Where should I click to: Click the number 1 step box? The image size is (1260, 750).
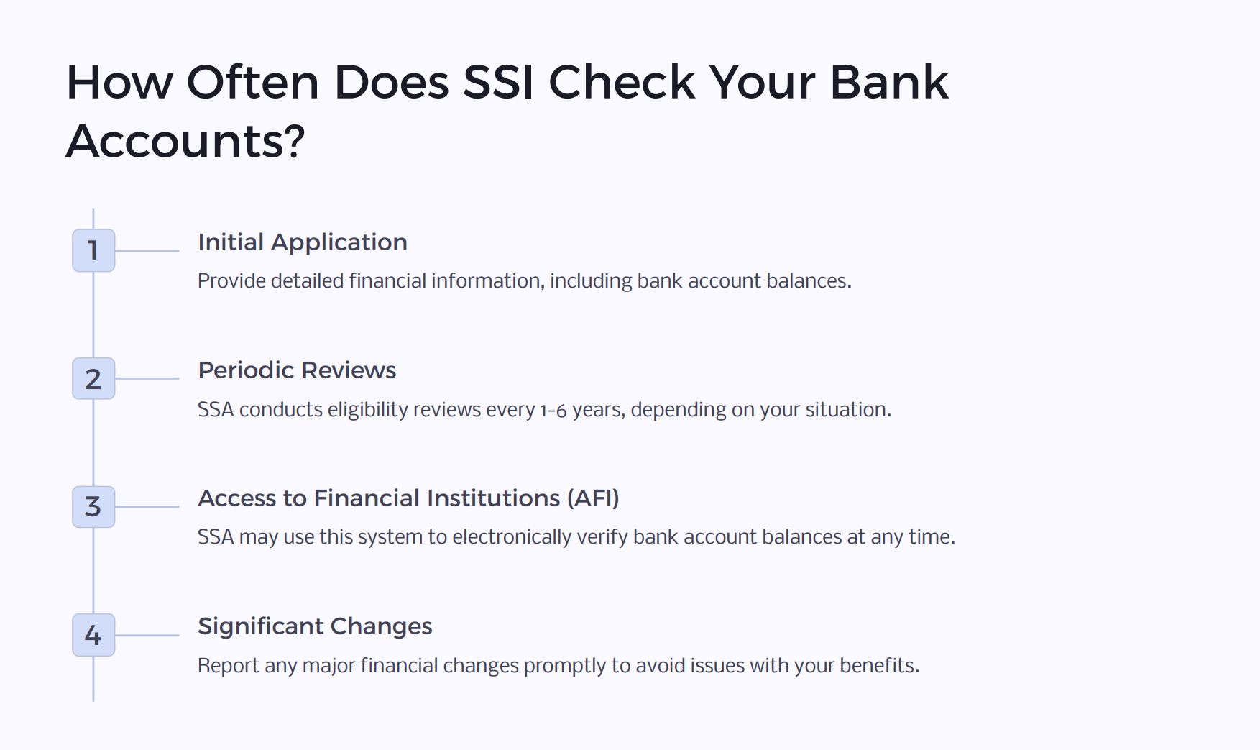click(x=93, y=250)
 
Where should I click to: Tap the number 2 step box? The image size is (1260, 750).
click(x=93, y=378)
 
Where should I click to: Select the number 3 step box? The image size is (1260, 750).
click(x=93, y=506)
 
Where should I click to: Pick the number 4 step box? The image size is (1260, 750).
click(x=93, y=634)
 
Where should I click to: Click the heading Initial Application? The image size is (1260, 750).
click(x=303, y=242)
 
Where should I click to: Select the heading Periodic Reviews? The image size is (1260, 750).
click(x=297, y=370)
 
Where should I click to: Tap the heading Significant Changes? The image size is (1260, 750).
click(x=315, y=626)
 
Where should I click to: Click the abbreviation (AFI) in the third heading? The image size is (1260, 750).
click(x=593, y=498)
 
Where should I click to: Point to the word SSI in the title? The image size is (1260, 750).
click(x=498, y=82)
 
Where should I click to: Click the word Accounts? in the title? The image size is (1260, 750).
click(x=185, y=141)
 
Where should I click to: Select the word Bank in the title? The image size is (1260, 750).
click(x=889, y=82)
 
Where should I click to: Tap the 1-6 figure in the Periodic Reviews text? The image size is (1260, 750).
click(x=553, y=411)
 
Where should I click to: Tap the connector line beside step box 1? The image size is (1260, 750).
click(x=147, y=251)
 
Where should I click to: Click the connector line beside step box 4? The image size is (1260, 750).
click(x=147, y=635)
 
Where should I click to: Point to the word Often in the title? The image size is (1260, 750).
click(x=252, y=82)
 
